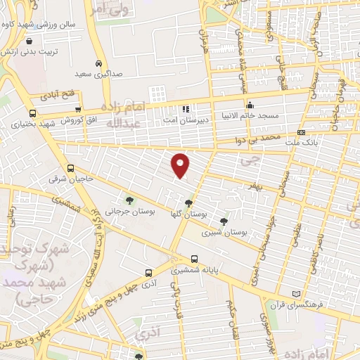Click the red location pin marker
(181, 165)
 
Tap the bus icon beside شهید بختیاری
(32, 112)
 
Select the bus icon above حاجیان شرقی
(70, 168)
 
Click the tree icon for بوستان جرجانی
(128, 200)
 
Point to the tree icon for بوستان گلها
(188, 202)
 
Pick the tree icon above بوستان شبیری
(224, 219)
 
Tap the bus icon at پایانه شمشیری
(194, 258)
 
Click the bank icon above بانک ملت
(301, 132)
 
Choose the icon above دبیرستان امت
(186, 109)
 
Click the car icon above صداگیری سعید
(99, 62)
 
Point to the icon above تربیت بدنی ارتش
(28, 41)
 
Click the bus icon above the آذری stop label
(148, 273)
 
